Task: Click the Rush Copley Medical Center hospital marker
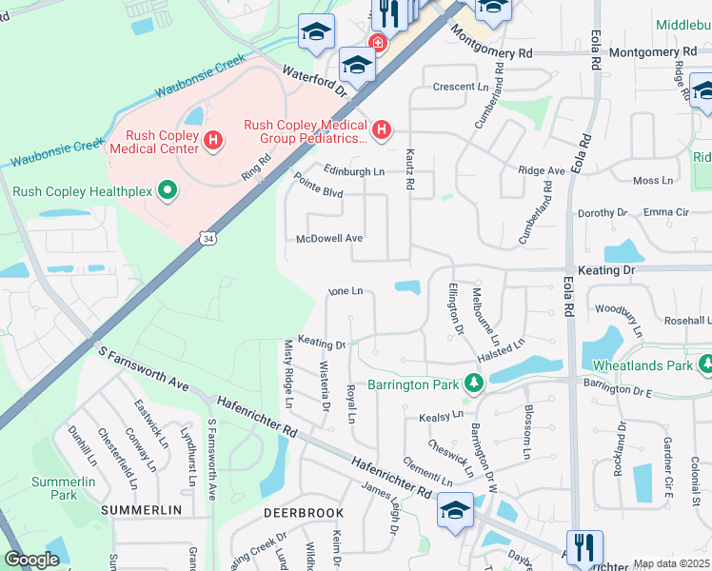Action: [213, 141]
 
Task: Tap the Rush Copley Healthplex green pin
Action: [168, 191]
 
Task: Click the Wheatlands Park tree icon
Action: [705, 364]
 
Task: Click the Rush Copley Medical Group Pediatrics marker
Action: [382, 129]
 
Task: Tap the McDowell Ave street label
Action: [329, 239]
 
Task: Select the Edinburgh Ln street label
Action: [353, 171]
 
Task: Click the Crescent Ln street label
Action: [460, 87]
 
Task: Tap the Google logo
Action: [31, 560]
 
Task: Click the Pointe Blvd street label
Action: [317, 184]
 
